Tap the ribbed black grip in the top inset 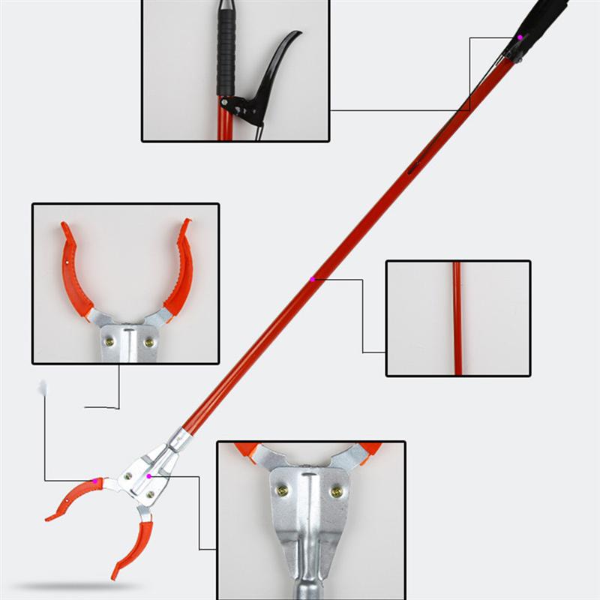pyautogui.click(x=226, y=49)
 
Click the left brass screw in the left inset pyautogui.click(x=110, y=341)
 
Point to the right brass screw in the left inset pyautogui.click(x=148, y=342)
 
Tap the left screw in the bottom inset pyautogui.click(x=283, y=490)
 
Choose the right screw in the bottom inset pyautogui.click(x=337, y=491)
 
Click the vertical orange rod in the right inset pyautogui.click(x=457, y=318)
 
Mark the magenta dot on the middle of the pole pyautogui.click(x=313, y=279)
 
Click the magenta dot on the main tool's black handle pyautogui.click(x=519, y=37)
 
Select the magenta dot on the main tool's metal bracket pyautogui.click(x=149, y=475)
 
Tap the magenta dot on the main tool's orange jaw pyautogui.click(x=94, y=480)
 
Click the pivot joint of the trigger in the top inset pyautogui.click(x=226, y=102)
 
